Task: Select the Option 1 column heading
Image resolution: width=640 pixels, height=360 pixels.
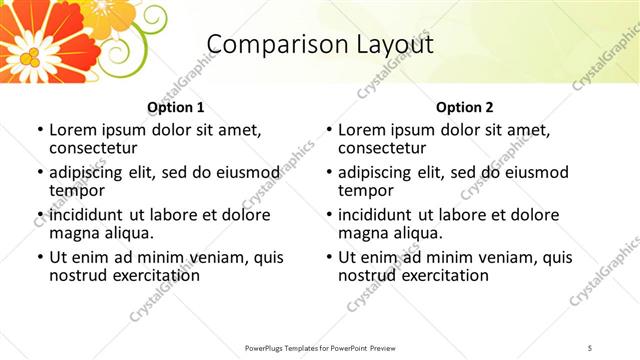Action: click(x=176, y=107)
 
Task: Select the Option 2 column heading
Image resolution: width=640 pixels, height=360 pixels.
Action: click(x=465, y=107)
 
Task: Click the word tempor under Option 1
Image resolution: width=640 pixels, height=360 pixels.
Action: click(x=77, y=190)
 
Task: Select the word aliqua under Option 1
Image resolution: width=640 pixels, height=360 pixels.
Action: click(x=127, y=233)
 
